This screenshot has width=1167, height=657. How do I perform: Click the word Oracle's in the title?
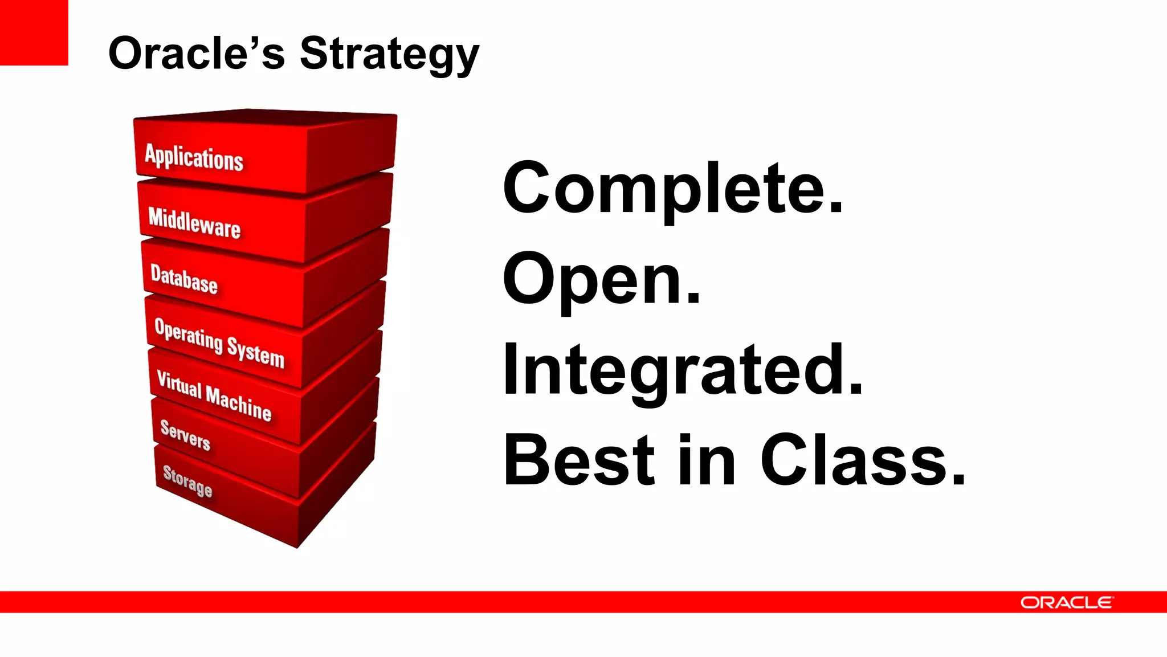point(196,53)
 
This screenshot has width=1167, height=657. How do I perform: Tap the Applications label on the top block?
point(194,157)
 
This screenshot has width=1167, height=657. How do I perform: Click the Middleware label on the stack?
point(194,222)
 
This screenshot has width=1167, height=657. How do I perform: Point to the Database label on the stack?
point(184,279)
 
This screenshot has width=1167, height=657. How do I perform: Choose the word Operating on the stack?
point(189,334)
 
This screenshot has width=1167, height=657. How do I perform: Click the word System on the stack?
point(255,353)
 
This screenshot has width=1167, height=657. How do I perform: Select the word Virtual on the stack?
point(179,384)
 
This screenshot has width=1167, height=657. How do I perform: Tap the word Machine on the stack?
point(238,403)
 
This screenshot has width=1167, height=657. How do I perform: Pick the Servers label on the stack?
point(185,435)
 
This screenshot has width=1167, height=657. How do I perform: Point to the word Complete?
point(672,188)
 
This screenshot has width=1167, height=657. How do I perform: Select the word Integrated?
point(683,370)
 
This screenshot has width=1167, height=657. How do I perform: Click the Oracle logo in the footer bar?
point(1066,602)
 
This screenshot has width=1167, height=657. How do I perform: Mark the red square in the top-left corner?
point(34,32)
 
